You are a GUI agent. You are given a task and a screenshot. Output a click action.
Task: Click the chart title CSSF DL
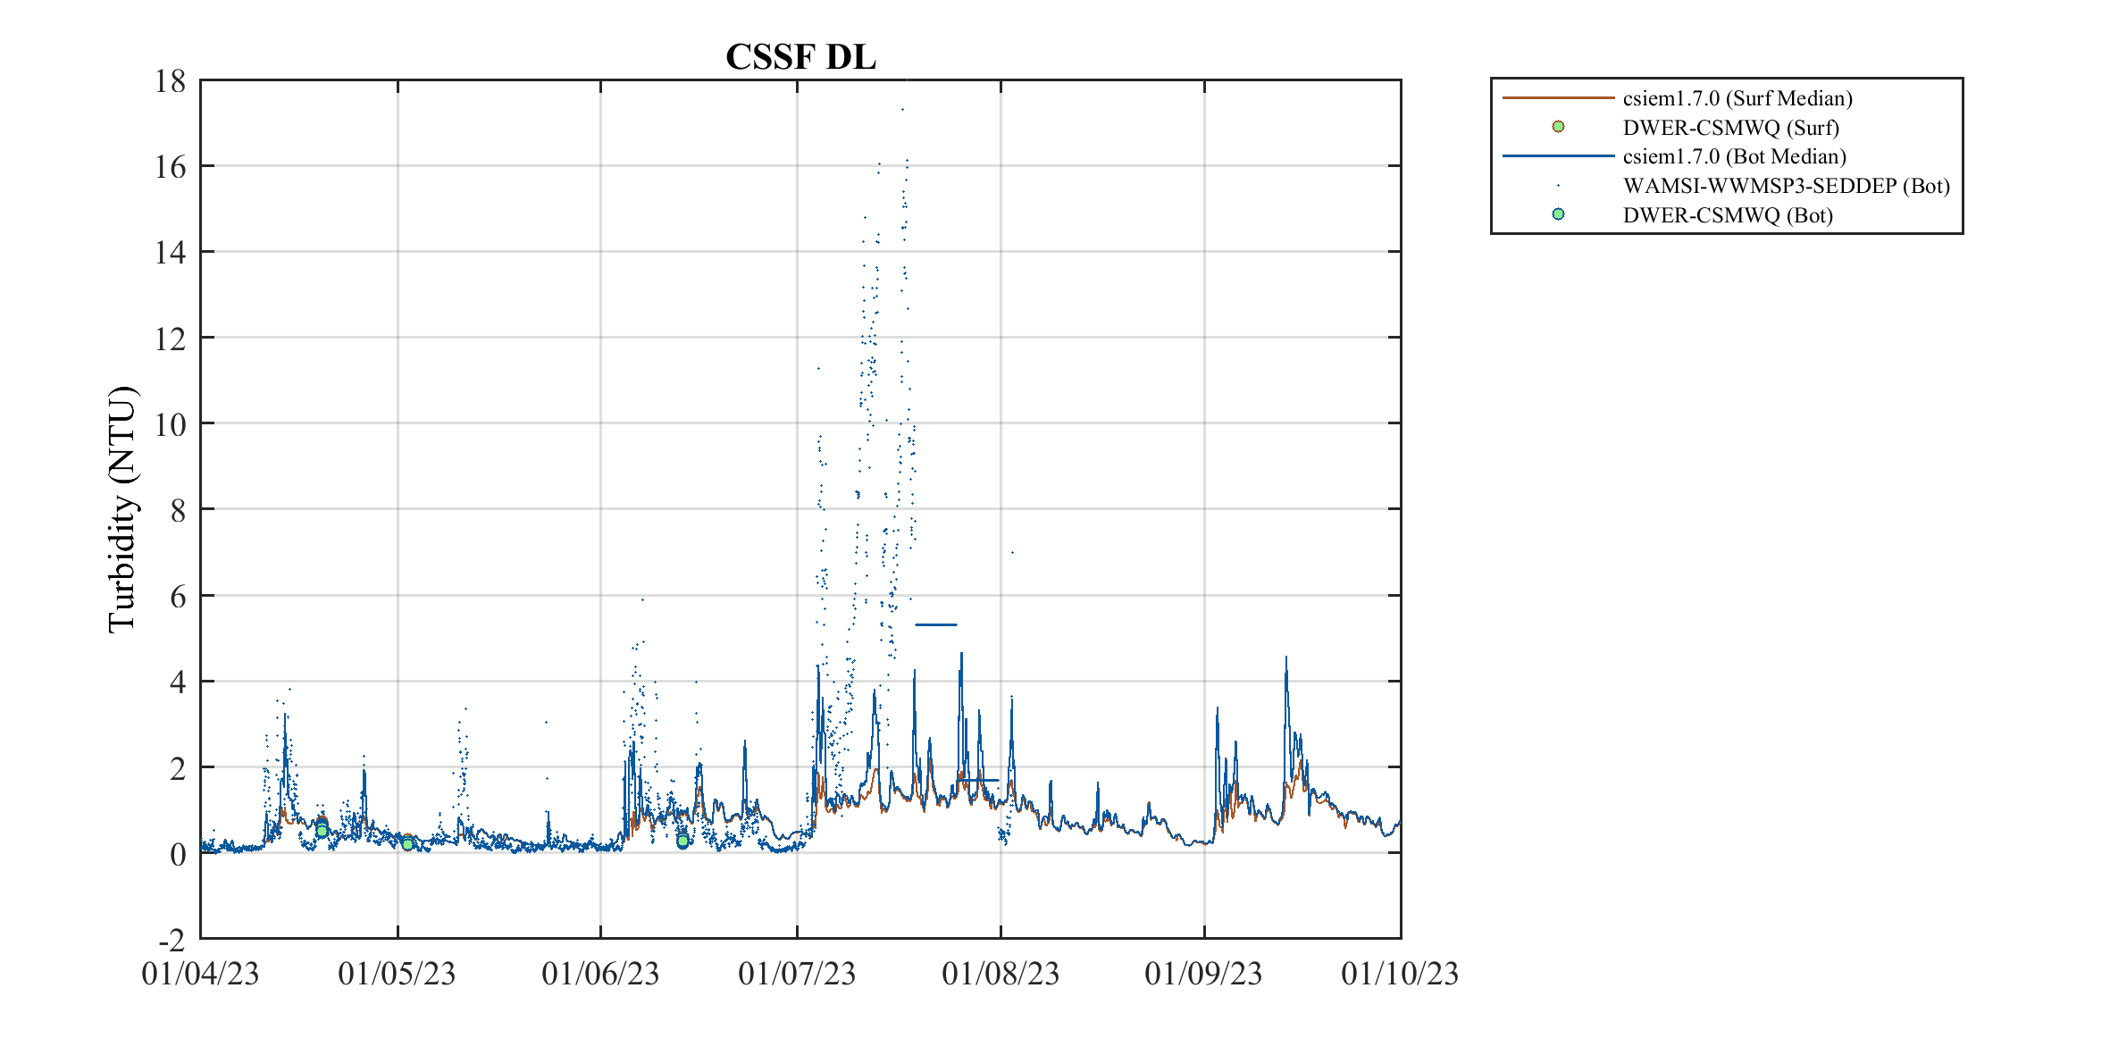pyautogui.click(x=800, y=57)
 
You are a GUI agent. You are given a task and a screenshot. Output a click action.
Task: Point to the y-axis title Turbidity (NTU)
pyautogui.click(x=122, y=509)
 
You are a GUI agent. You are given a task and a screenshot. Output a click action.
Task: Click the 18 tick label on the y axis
pyautogui.click(x=170, y=81)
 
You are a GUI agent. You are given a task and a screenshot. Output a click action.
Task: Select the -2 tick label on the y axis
pyautogui.click(x=172, y=941)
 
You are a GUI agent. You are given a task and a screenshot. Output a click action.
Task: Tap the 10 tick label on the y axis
pyautogui.click(x=170, y=424)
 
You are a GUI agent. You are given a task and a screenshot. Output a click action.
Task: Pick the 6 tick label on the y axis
pyautogui.click(x=177, y=597)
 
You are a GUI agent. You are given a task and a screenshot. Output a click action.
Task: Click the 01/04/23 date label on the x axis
pyautogui.click(x=200, y=974)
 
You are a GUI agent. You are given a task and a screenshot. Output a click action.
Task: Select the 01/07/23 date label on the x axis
pyautogui.click(x=797, y=974)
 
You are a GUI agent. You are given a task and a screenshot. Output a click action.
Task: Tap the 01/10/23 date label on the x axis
pyautogui.click(x=1400, y=974)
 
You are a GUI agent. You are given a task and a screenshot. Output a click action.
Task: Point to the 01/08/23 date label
pyautogui.click(x=1001, y=974)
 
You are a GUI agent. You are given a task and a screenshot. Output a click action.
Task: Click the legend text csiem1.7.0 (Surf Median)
pyautogui.click(x=1737, y=98)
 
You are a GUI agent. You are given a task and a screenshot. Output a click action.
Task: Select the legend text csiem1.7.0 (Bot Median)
pyautogui.click(x=1734, y=156)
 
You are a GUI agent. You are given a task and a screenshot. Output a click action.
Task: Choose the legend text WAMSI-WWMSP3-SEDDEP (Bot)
pyautogui.click(x=1786, y=186)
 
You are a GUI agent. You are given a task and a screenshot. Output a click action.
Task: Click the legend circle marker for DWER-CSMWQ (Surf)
pyautogui.click(x=1558, y=127)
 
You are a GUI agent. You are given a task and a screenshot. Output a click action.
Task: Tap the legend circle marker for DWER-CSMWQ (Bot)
pyautogui.click(x=1558, y=214)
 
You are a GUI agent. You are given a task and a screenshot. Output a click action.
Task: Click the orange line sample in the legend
pyautogui.click(x=1558, y=97)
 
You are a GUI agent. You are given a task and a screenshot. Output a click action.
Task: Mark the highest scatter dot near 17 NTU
pyautogui.click(x=902, y=110)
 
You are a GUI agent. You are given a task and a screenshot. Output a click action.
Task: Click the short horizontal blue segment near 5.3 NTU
pyautogui.click(x=935, y=624)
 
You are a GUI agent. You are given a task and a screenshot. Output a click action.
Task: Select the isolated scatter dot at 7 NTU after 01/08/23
pyautogui.click(x=1011, y=552)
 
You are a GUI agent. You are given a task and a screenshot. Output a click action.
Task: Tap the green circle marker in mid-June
pyautogui.click(x=682, y=841)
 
